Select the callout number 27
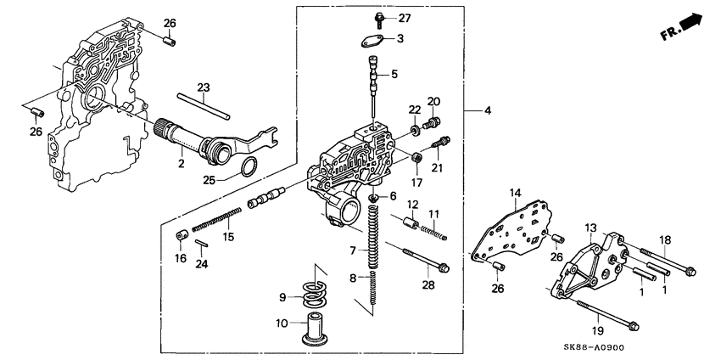click(404, 19)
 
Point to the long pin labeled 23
click(204, 107)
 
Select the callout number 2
click(180, 163)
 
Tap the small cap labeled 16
click(181, 235)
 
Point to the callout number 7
click(353, 250)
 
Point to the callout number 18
click(665, 240)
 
